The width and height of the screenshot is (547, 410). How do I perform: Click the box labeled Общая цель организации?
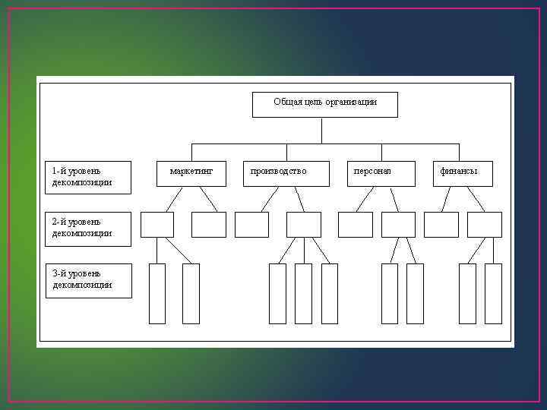pyautogui.click(x=324, y=105)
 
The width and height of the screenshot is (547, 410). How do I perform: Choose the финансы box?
pyautogui.click(x=463, y=173)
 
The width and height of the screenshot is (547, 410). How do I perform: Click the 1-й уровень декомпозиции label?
pyautogui.click(x=88, y=176)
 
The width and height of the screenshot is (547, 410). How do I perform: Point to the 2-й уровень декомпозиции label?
pyautogui.click(x=88, y=227)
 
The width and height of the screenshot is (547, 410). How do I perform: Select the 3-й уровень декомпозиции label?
pyautogui.click(x=88, y=279)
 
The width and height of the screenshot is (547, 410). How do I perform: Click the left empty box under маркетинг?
pyautogui.click(x=157, y=225)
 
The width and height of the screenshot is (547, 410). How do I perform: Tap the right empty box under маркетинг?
pyautogui.click(x=209, y=225)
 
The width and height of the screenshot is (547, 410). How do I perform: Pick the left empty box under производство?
pyautogui.click(x=251, y=225)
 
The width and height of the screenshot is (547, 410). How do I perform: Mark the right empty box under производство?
pyautogui.click(x=303, y=225)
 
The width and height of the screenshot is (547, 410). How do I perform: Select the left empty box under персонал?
pyautogui.click(x=355, y=225)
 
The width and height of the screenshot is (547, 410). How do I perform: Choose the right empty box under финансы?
pyautogui.click(x=485, y=225)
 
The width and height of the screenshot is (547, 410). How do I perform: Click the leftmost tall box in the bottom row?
pyautogui.click(x=157, y=294)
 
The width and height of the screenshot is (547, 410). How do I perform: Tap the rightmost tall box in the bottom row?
pyautogui.click(x=494, y=294)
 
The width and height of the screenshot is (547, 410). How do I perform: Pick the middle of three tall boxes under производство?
pyautogui.click(x=303, y=294)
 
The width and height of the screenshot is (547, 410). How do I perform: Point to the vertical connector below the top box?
pyautogui.click(x=322, y=130)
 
